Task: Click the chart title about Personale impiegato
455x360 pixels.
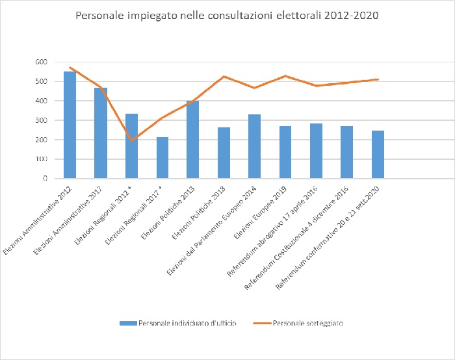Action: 227,15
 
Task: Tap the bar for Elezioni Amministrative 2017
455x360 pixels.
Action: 100,133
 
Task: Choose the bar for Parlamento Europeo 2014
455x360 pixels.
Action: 255,146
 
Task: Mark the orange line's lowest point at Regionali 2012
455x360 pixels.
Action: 131,140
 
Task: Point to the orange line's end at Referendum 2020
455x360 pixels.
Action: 378,79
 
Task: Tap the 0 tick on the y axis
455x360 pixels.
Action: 45,179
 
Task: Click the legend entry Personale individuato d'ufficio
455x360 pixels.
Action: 185,322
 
